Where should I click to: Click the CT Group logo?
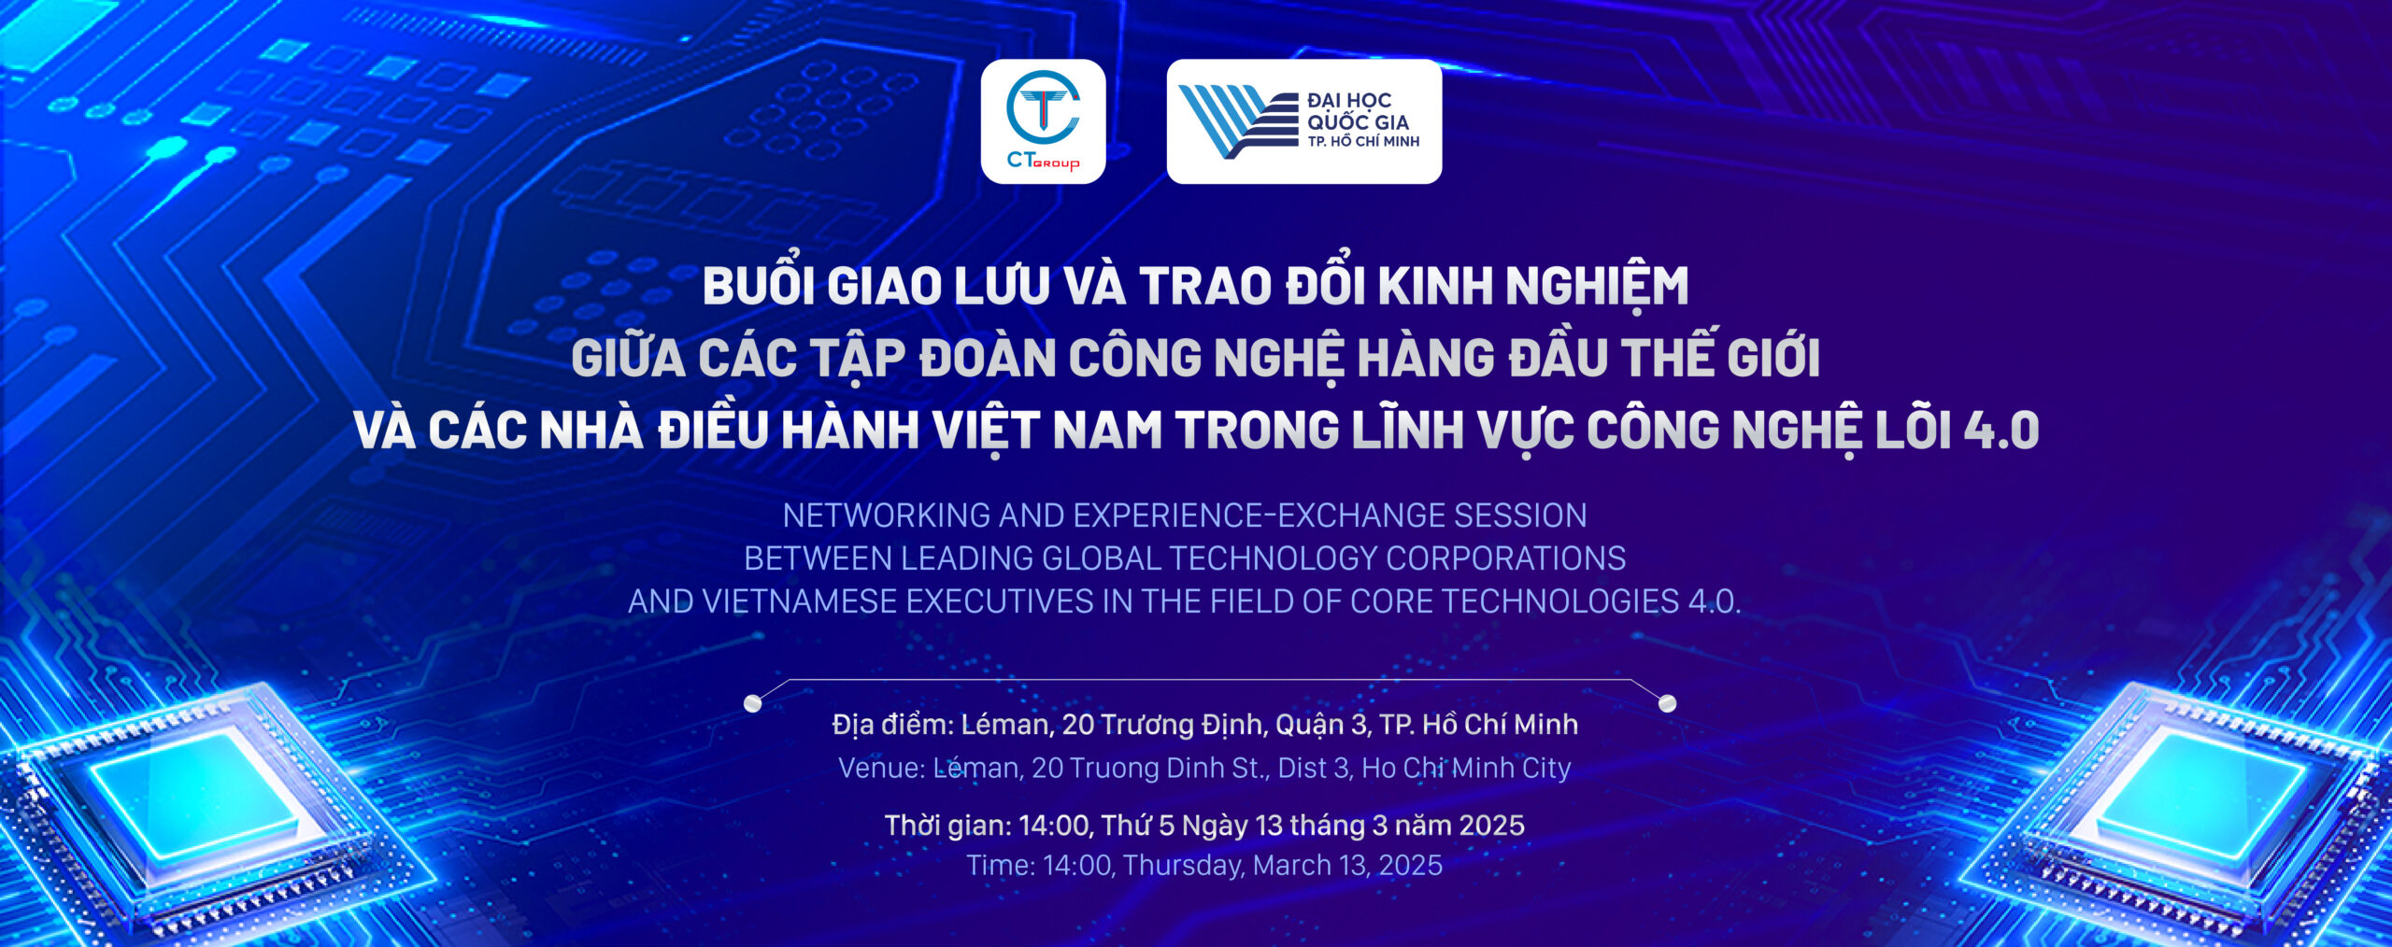(x=1043, y=121)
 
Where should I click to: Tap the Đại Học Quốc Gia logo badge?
(x=1304, y=121)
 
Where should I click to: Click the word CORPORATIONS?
(x=1505, y=558)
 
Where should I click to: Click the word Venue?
(x=881, y=768)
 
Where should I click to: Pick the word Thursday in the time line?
(x=1183, y=866)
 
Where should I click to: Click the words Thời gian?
(x=947, y=825)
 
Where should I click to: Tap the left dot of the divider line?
(x=752, y=703)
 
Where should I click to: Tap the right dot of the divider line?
(x=1667, y=702)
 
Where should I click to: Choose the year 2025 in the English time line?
(x=1410, y=866)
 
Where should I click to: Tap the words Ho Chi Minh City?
(x=1466, y=768)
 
